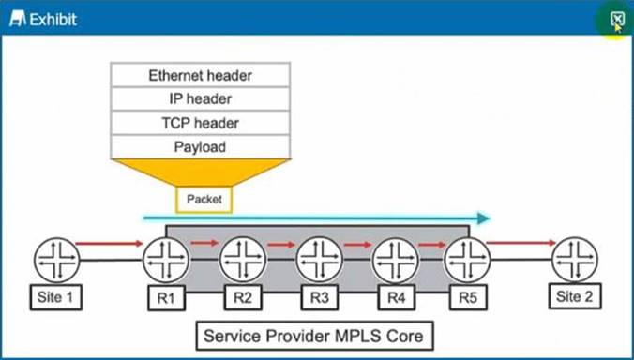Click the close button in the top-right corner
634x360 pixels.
pos(616,19)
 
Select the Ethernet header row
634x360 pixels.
pos(200,75)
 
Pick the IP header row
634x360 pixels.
pos(200,98)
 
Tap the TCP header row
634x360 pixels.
pos(200,123)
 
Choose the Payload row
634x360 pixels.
pos(200,146)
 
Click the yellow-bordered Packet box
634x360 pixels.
pos(204,199)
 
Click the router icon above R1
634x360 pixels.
pos(166,259)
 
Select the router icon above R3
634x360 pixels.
pos(319,259)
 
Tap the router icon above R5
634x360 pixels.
pos(466,259)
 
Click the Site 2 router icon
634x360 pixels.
pos(575,259)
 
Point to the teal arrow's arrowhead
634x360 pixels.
pos(482,218)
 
